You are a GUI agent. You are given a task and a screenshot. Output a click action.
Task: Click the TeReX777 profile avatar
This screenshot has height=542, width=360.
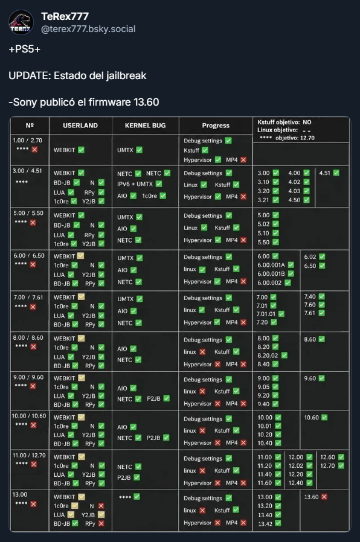(x=21, y=22)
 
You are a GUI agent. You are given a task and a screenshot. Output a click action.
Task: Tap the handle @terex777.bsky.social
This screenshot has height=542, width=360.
(x=88, y=29)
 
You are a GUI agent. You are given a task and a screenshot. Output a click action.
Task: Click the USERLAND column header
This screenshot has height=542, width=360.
(x=80, y=126)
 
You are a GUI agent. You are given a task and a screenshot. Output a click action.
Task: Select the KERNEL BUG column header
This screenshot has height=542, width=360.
(x=145, y=126)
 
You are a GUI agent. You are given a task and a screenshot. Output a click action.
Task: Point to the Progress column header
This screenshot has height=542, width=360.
(x=216, y=126)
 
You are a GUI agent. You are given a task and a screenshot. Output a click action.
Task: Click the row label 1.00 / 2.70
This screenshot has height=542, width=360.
(x=27, y=141)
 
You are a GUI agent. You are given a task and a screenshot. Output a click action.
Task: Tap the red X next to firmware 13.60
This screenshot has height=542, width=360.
(x=324, y=497)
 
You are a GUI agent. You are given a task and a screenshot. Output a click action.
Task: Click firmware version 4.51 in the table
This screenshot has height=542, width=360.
(x=325, y=173)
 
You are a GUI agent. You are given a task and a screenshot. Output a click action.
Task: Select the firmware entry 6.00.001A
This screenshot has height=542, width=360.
(x=271, y=265)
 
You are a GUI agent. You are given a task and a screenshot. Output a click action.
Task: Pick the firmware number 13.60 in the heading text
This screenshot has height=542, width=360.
(x=146, y=103)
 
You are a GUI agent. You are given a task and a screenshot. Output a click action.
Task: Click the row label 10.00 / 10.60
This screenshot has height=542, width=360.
(x=29, y=416)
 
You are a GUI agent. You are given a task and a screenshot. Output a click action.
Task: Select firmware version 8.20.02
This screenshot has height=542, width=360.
(x=268, y=355)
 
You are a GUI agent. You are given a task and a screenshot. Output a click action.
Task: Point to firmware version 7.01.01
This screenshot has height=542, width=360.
(x=266, y=314)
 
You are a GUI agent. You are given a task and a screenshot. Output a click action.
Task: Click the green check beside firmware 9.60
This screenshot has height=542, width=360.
(x=321, y=378)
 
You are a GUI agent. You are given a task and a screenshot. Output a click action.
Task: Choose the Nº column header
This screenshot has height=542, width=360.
(x=30, y=126)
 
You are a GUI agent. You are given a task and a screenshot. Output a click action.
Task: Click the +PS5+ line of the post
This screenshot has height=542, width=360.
(x=25, y=49)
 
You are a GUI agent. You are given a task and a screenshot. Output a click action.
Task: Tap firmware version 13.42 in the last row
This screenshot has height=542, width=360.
(x=265, y=524)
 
